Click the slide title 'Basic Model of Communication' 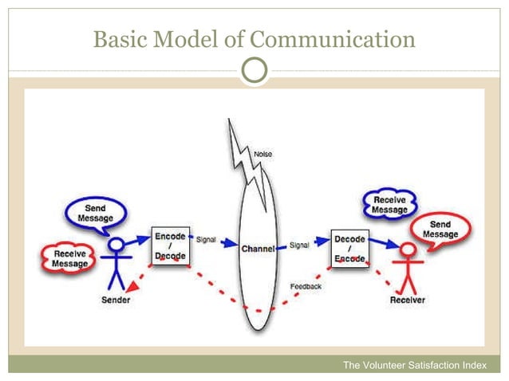point(254,37)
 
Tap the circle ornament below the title point(254,72)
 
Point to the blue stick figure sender point(117,263)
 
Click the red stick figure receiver point(408,267)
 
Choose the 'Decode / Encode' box point(349,249)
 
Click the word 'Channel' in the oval point(258,249)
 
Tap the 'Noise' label point(263,152)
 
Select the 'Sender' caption point(116,300)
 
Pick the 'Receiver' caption point(407,300)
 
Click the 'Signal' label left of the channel point(205,239)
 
